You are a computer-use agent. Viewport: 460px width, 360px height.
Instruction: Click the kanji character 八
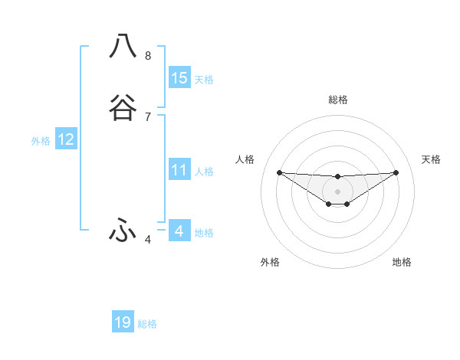[x=123, y=46]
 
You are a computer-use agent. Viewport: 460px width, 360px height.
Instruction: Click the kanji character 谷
[x=123, y=108]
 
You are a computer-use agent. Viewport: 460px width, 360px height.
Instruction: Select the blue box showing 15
[x=179, y=78]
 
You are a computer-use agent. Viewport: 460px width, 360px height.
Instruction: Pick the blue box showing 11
[x=179, y=170]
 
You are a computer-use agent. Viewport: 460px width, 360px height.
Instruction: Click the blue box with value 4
[x=179, y=231]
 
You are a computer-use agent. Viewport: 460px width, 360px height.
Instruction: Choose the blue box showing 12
[x=66, y=139]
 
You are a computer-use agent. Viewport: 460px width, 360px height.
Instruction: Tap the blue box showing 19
[x=123, y=322]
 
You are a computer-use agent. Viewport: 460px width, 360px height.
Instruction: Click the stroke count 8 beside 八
[x=148, y=56]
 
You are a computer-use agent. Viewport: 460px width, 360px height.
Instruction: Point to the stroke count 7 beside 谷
[x=148, y=117]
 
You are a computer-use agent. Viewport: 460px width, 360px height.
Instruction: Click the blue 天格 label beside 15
[x=204, y=80]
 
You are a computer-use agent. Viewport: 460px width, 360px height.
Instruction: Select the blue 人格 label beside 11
[x=204, y=172]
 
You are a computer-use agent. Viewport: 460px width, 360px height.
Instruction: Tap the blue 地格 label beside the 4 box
[x=204, y=233]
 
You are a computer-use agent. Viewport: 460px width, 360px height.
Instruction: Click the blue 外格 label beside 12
[x=41, y=141]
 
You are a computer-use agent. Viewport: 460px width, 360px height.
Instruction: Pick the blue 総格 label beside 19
[x=147, y=324]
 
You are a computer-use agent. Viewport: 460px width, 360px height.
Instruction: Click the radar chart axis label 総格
[x=337, y=100]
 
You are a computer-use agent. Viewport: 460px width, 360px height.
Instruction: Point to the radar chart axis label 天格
[x=431, y=159]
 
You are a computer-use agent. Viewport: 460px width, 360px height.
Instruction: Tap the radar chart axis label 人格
[x=245, y=159]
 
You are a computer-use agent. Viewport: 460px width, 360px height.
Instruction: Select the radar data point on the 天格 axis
[x=396, y=172]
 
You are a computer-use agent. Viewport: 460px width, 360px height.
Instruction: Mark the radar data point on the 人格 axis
[x=279, y=172]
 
